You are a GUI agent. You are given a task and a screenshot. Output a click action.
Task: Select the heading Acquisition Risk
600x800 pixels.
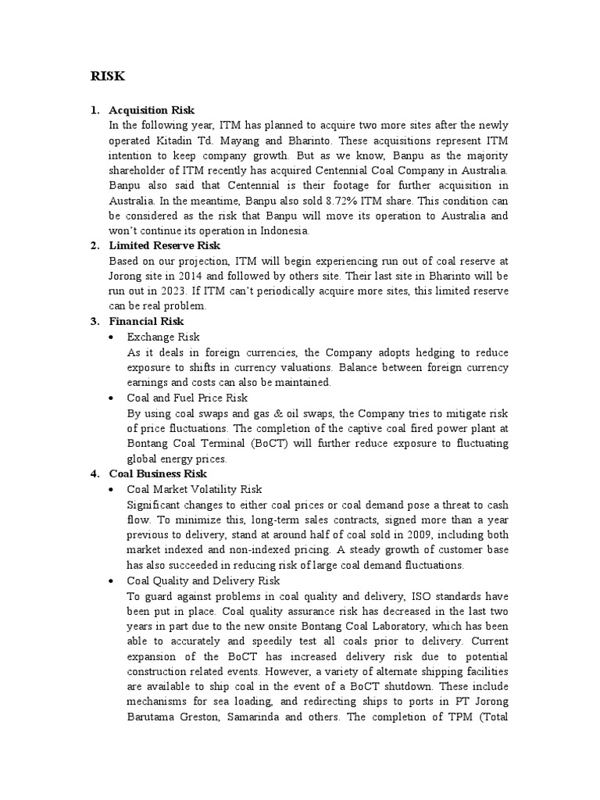[x=152, y=109]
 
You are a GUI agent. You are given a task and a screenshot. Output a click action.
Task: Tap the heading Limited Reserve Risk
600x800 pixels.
[x=165, y=246]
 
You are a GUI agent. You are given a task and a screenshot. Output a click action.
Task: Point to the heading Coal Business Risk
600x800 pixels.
[x=158, y=473]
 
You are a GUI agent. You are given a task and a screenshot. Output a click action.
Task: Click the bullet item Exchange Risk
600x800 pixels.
[x=163, y=337]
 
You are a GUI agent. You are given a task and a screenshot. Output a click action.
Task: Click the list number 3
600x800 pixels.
[x=94, y=321]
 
